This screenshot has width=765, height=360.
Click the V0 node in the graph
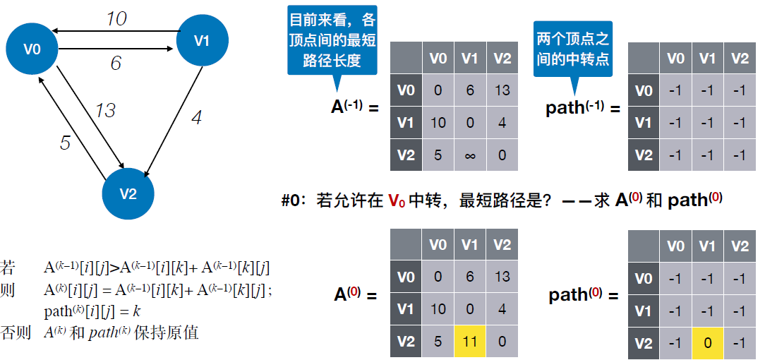[32, 49]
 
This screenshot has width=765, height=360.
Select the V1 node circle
[202, 41]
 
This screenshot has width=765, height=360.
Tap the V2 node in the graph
[128, 194]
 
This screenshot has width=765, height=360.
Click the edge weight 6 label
[116, 64]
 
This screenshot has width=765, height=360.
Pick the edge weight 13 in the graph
[104, 111]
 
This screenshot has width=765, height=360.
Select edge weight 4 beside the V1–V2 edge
[197, 117]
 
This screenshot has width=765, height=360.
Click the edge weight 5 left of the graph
[65, 143]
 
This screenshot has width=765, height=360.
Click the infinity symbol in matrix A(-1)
[469, 155]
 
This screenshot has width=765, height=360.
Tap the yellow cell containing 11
[469, 342]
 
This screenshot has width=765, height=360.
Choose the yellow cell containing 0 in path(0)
[707, 344]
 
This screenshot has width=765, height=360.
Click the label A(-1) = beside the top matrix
[355, 107]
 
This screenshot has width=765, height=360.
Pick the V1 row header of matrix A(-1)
[405, 123]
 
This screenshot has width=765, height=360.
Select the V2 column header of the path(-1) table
[740, 58]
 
